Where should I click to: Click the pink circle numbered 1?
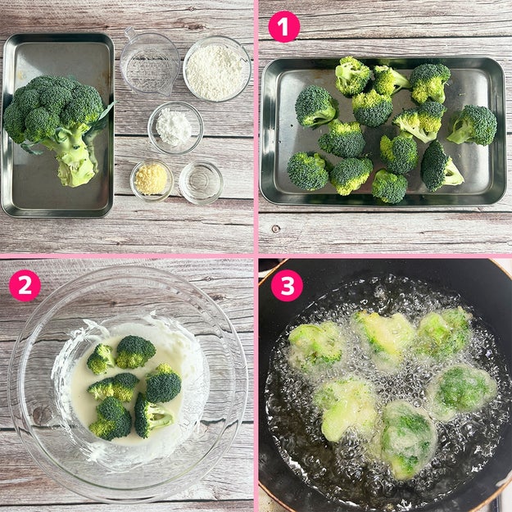click(283, 26)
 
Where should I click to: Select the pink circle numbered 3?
click(287, 285)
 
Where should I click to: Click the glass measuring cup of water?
click(149, 62)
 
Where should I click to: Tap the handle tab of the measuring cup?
click(131, 34)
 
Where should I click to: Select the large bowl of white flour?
click(217, 69)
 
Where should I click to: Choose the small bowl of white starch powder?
click(175, 128)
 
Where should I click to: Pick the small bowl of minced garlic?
click(152, 180)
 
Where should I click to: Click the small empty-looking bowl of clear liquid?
click(201, 183)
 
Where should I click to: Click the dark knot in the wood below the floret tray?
click(276, 229)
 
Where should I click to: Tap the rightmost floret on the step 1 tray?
click(473, 125)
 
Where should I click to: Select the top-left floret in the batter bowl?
click(101, 359)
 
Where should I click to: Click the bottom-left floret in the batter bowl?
click(111, 419)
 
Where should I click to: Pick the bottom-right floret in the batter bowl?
click(152, 415)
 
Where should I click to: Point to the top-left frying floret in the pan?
click(316, 347)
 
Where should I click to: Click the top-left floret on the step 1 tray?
click(315, 106)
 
